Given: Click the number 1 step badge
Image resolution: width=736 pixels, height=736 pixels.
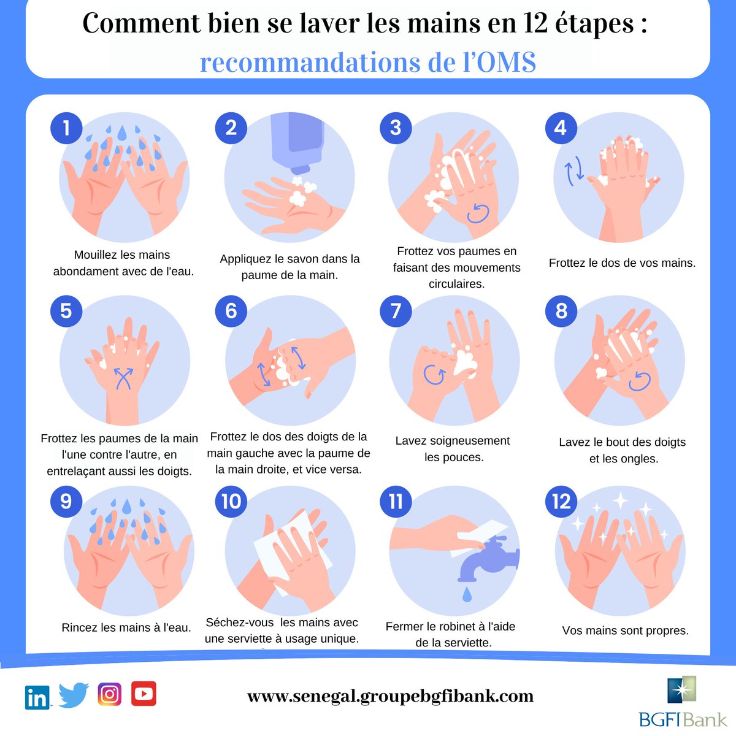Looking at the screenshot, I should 66,128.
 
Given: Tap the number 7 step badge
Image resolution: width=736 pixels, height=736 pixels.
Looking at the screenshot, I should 396,311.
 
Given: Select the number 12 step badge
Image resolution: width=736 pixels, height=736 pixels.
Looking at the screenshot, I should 561,501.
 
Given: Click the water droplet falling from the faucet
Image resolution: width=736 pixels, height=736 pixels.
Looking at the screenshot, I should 467,594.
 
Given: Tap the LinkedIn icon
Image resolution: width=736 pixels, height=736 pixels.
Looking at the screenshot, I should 37,697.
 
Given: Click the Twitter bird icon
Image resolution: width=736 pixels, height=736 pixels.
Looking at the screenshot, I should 74,695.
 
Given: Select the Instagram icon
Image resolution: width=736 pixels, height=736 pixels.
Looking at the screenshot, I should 109,694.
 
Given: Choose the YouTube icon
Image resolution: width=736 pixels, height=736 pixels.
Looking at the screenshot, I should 144,694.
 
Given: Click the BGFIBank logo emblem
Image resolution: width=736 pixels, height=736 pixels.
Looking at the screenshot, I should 682,689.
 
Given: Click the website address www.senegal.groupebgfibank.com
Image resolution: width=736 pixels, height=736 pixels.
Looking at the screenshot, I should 390,697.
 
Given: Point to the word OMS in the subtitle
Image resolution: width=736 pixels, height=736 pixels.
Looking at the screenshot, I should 506,63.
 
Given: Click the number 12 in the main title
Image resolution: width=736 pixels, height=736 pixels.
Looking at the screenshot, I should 536,23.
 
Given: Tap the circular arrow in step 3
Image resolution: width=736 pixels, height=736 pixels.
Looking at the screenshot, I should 478,213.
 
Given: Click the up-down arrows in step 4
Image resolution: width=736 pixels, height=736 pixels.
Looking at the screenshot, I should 575,171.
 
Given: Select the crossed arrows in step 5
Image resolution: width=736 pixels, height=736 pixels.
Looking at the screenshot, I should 123,378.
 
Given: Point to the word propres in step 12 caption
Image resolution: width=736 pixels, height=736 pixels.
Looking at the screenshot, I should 662,631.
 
